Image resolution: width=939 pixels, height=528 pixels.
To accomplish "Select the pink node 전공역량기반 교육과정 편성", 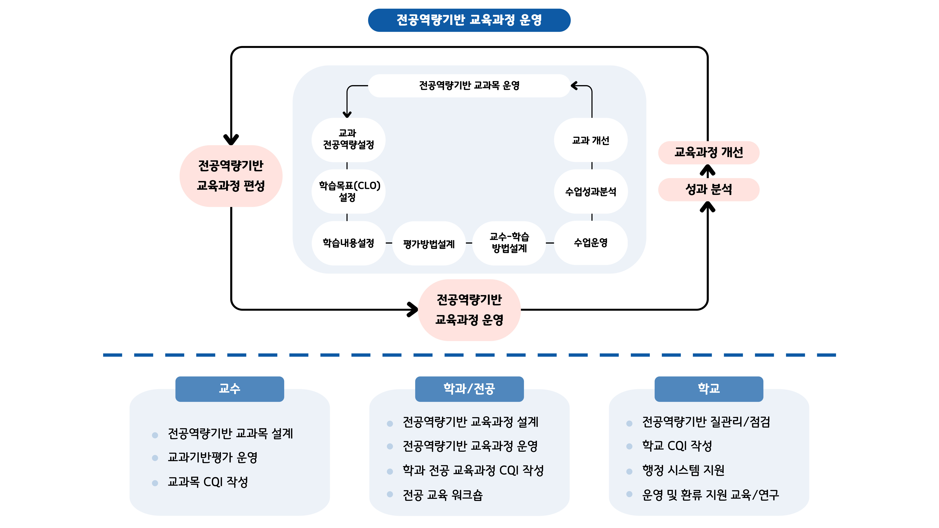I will tap(231, 176).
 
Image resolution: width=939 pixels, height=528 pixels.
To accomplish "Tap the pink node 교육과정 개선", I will tap(708, 152).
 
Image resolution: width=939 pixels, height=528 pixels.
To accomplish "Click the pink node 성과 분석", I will tap(708, 189).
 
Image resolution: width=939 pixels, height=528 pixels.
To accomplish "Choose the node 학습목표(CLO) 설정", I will tap(348, 191).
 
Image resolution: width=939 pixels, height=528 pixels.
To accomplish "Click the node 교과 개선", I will tap(590, 140).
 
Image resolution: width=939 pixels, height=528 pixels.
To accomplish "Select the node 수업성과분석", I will tap(590, 192).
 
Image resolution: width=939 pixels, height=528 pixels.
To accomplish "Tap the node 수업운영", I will tap(590, 243).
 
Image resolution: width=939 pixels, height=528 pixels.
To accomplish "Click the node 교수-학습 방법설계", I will tap(509, 243).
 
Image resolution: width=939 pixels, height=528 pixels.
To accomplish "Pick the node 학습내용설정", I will tap(348, 243).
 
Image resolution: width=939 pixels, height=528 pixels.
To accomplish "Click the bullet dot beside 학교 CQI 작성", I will tap(629, 446).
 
